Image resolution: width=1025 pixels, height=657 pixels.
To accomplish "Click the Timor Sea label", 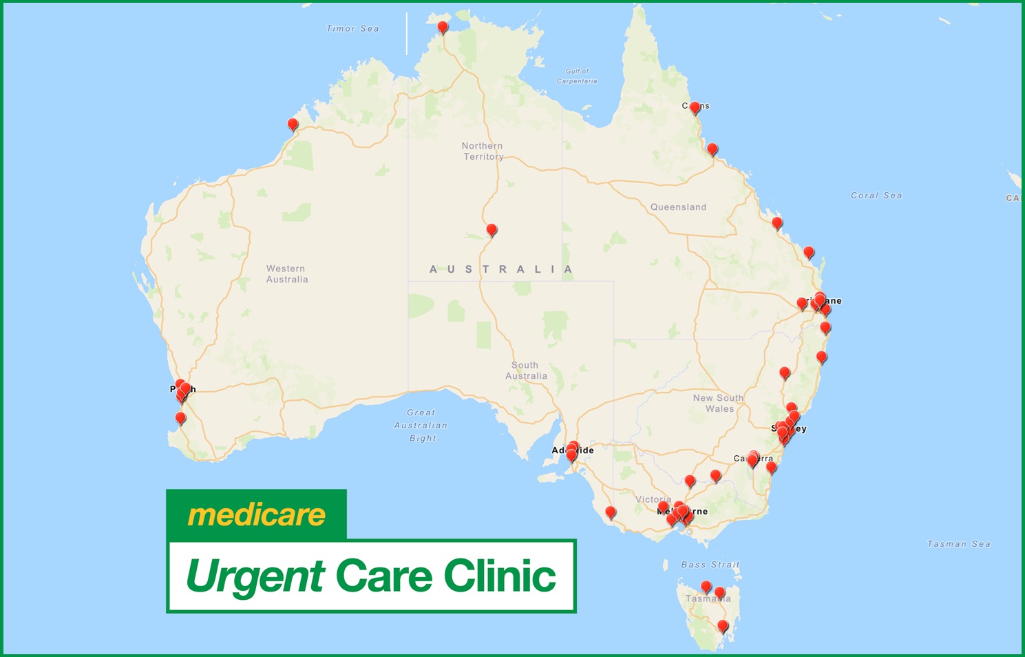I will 352,29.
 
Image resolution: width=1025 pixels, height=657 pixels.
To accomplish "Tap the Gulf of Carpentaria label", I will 577,76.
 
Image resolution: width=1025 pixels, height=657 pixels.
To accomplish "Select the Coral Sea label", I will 876,196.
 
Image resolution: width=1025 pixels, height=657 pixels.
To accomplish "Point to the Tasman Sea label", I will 958,544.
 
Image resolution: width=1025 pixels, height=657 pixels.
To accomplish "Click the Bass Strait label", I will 710,565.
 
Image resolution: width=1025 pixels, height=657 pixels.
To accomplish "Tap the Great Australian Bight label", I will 421,425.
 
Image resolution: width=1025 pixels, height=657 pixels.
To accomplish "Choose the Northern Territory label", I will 483,152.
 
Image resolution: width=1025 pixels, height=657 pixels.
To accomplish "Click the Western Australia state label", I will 286,274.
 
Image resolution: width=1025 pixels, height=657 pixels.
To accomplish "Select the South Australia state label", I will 526,371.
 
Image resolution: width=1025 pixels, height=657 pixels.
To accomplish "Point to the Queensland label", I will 678,207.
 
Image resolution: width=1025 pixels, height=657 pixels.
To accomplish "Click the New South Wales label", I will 718,403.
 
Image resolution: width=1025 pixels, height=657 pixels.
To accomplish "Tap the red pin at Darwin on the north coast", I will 443,28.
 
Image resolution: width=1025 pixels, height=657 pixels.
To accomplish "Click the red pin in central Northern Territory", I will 491,229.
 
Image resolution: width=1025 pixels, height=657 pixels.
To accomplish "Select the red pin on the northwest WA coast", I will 293,125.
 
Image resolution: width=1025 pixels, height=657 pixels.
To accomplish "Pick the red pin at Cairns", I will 695,107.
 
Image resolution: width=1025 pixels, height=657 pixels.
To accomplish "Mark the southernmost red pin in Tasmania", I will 722,626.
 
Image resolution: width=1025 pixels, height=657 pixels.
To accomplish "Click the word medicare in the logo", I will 256,515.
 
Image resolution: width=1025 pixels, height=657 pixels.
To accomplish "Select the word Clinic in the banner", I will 499,575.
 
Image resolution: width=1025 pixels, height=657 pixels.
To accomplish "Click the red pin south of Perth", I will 180,418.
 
